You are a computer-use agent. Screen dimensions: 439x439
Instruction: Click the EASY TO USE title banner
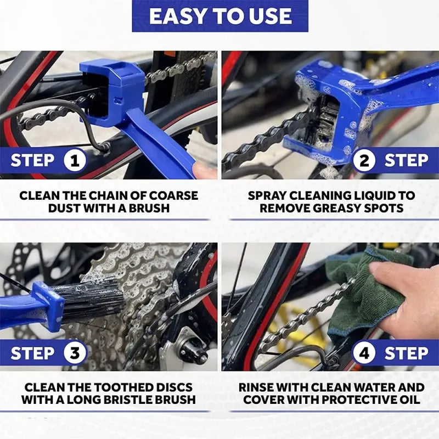pos(219,16)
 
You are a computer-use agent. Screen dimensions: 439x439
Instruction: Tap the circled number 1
pos(75,161)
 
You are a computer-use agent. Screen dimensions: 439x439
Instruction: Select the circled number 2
pos(364,161)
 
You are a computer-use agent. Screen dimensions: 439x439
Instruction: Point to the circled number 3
pos(75,353)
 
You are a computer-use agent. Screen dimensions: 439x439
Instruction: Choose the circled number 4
pos(364,353)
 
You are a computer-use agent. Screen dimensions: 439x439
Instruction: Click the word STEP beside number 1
pos(32,161)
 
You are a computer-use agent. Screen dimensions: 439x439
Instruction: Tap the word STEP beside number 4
pos(406,353)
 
